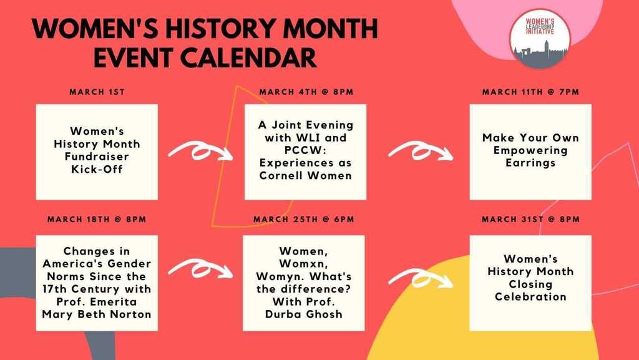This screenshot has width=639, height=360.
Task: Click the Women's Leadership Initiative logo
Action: point(540,39)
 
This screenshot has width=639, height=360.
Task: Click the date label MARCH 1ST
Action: point(97,92)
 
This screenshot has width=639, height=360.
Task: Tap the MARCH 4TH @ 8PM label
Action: point(306,92)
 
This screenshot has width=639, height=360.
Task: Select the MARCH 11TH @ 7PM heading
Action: point(530,92)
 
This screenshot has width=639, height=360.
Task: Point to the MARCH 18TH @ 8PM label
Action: point(97,220)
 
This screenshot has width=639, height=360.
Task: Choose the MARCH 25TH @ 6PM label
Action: point(304,220)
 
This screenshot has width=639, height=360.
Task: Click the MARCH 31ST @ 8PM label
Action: point(530,220)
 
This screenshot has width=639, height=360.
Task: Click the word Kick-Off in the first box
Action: point(97,169)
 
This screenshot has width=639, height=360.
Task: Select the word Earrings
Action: point(530,163)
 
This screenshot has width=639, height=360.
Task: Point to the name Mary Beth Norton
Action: point(97,314)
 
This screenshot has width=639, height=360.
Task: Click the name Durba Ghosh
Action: point(304,314)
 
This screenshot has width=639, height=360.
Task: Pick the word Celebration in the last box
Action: point(530,297)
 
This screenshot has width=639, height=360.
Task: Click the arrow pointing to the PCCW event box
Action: point(200,151)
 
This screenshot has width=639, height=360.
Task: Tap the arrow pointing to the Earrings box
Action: point(421,151)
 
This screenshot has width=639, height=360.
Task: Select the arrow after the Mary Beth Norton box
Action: point(200,269)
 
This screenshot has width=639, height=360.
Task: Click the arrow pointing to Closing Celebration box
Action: point(421,278)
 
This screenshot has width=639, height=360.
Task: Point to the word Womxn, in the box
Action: point(304,264)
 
